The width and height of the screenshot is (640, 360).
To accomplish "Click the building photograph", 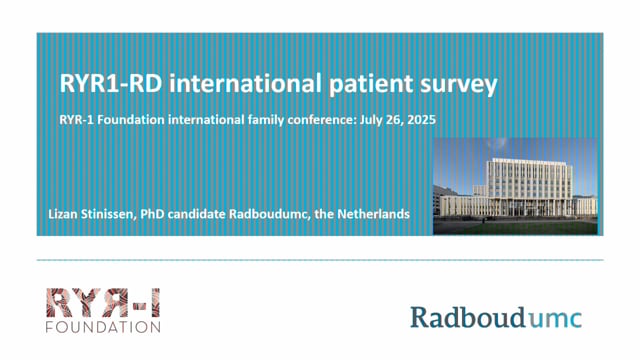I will tap(515, 186).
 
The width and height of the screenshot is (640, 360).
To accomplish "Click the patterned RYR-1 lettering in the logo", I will tap(102, 301).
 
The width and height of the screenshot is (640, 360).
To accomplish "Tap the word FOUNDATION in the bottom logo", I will tap(103, 325).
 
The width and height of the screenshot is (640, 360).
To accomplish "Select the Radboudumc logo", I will tap(495, 318).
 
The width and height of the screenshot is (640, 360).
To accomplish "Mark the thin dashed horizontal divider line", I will tap(320, 259).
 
